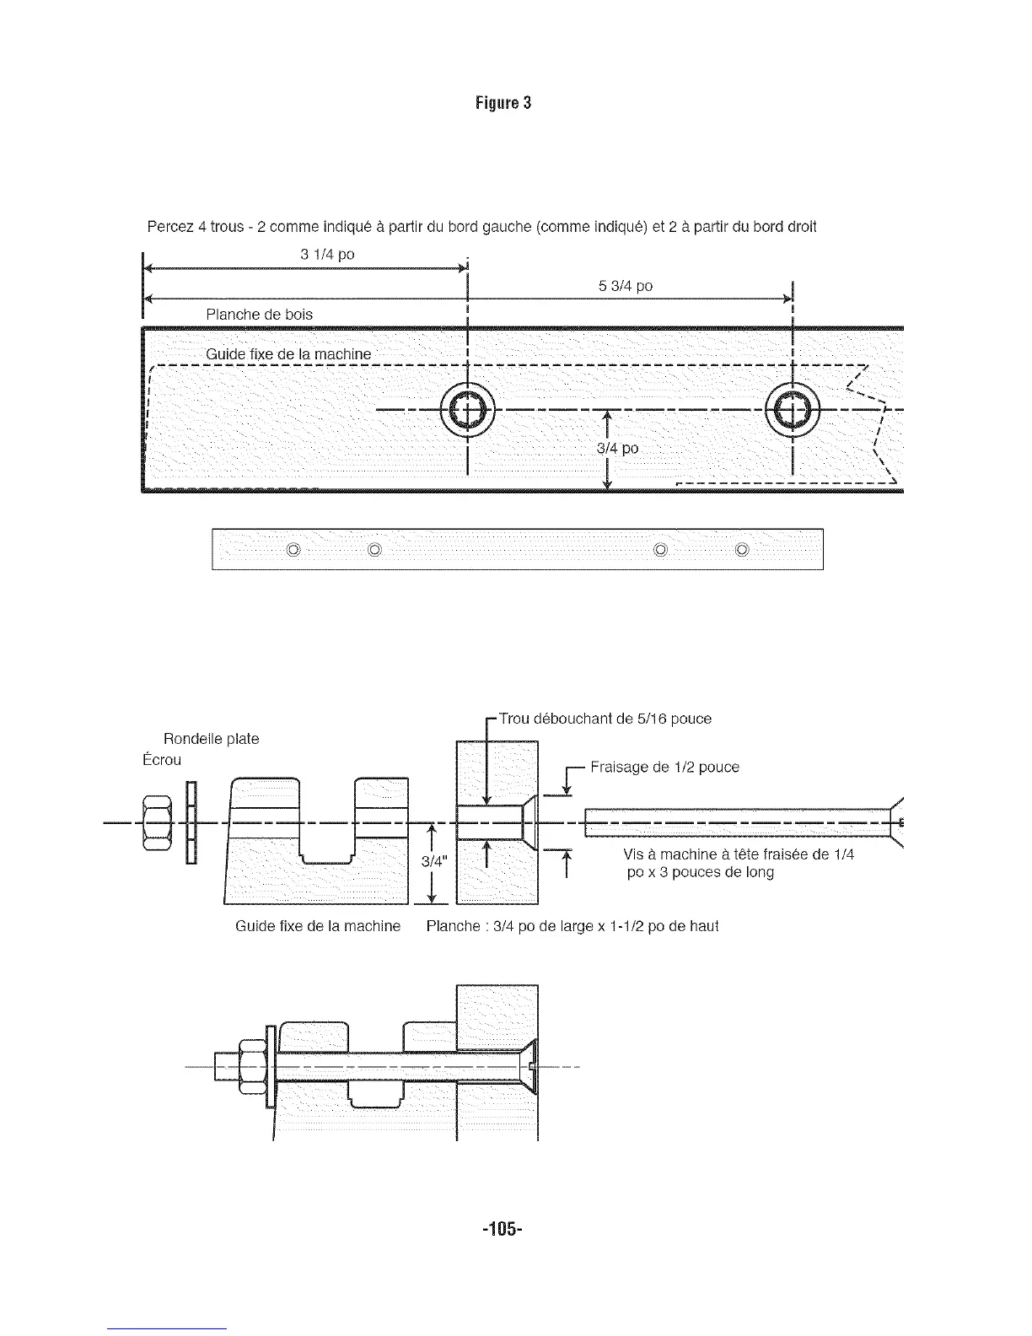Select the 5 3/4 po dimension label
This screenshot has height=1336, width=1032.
625,286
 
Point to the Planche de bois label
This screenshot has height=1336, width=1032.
259,315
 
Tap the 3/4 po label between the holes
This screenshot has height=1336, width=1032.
617,449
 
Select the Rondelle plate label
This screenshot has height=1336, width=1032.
211,739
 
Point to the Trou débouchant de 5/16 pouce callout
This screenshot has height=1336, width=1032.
605,719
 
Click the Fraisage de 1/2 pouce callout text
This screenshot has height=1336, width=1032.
664,767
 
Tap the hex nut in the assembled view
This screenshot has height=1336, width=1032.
251,1067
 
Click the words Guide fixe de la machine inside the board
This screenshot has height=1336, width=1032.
288,353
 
